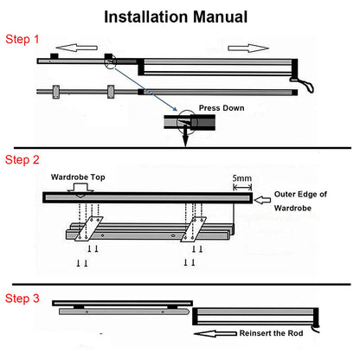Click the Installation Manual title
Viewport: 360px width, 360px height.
pyautogui.click(x=176, y=16)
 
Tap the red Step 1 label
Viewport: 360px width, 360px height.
pyautogui.click(x=22, y=39)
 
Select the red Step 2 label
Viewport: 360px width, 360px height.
pyautogui.click(x=22, y=159)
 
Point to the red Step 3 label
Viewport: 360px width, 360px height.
pyautogui.click(x=22, y=299)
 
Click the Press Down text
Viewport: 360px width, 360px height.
pyautogui.click(x=222, y=108)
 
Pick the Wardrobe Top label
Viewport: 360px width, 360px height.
pyautogui.click(x=78, y=177)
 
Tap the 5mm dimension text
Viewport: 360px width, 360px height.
pyautogui.click(x=242, y=178)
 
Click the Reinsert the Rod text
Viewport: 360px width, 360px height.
pyautogui.click(x=271, y=333)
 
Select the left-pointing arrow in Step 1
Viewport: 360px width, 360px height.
pyautogui.click(x=76, y=48)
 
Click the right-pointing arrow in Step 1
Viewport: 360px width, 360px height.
pyautogui.click(x=248, y=48)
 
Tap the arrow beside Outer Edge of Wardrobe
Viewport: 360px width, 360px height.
pyautogui.click(x=262, y=200)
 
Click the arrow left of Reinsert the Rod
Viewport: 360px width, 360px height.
pyautogui.click(x=215, y=334)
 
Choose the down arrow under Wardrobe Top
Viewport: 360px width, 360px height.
pyautogui.click(x=80, y=191)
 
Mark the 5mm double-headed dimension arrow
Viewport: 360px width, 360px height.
pyautogui.click(x=242, y=188)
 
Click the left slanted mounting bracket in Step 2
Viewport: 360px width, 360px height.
pyautogui.click(x=88, y=228)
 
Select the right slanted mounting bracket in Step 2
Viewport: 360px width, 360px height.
pyautogui.click(x=193, y=229)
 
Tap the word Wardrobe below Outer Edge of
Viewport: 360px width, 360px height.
pyautogui.click(x=292, y=208)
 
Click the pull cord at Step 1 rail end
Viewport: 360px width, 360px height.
pyautogui.click(x=303, y=85)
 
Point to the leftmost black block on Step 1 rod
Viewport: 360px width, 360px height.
pyautogui.click(x=55, y=56)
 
